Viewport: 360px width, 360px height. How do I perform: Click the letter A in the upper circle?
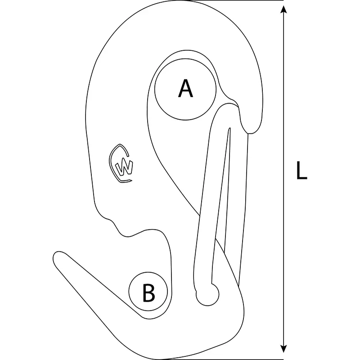pyautogui.click(x=185, y=88)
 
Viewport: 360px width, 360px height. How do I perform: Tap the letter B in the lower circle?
pyautogui.click(x=148, y=293)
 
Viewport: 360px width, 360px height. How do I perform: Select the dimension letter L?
pyautogui.click(x=301, y=170)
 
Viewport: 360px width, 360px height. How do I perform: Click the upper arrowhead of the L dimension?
pyautogui.click(x=284, y=9)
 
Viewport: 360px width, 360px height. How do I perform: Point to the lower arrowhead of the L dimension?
pyautogui.click(x=284, y=348)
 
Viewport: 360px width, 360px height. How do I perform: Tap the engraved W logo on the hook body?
pyautogui.click(x=121, y=163)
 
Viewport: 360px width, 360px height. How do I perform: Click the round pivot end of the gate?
pyautogui.click(x=208, y=295)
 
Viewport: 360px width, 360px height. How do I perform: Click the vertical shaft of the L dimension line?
pyautogui.click(x=284, y=179)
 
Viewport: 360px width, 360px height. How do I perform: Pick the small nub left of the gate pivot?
pyautogui.click(x=196, y=292)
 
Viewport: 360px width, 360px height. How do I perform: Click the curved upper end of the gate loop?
pyautogui.click(x=227, y=104)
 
